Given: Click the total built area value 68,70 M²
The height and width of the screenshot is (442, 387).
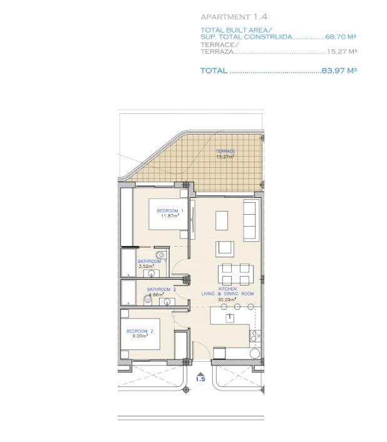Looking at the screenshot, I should (x=341, y=37).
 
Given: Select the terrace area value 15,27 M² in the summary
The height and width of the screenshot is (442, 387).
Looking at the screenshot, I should (x=342, y=53).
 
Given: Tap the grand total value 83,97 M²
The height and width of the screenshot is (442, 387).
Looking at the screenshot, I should (x=339, y=71).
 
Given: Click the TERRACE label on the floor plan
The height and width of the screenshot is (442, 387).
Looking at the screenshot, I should (x=225, y=152).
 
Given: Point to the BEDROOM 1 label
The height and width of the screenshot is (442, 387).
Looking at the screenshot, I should (x=170, y=210).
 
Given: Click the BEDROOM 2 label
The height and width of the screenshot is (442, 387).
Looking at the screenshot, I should (x=140, y=331).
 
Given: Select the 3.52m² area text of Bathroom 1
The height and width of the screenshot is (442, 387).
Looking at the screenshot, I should (x=145, y=266).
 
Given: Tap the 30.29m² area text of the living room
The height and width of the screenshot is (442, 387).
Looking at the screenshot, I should (x=227, y=299).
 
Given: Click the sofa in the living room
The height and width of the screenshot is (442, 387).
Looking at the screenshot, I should (x=250, y=220).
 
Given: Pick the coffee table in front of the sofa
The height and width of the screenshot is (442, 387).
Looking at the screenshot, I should (x=222, y=220).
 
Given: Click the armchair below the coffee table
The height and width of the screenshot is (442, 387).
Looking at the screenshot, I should (x=224, y=249).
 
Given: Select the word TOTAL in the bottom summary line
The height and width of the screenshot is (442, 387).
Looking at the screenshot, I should (x=214, y=71).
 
